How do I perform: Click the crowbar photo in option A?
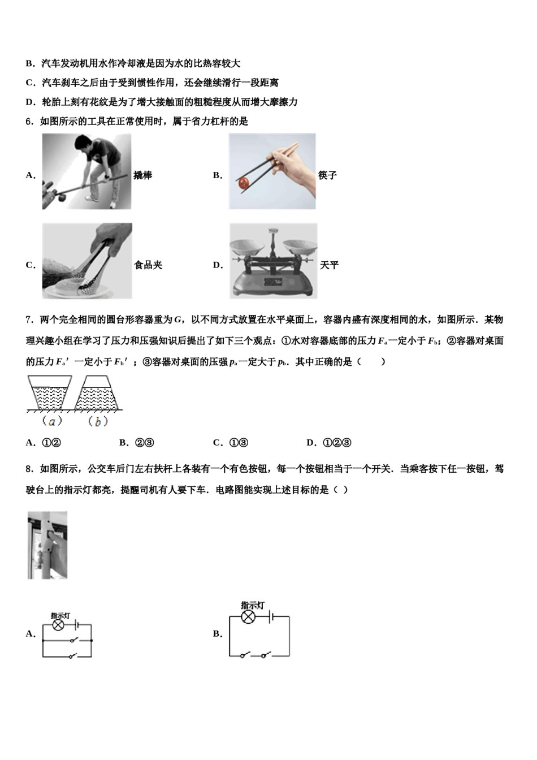pos(86,171)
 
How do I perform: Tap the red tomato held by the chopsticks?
pos(243,183)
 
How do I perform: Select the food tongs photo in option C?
pos(86,261)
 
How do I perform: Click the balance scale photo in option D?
pos(273,261)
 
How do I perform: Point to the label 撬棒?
pos(143,175)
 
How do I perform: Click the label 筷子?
pos(328,175)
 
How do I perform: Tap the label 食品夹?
pos(148,265)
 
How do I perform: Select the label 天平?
pos(330,265)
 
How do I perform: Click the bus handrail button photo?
pos(47,545)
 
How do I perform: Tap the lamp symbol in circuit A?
pos(58,625)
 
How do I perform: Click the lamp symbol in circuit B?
pos(248,617)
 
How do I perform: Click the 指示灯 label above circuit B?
pos(252,605)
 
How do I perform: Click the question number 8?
pos(29,469)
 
